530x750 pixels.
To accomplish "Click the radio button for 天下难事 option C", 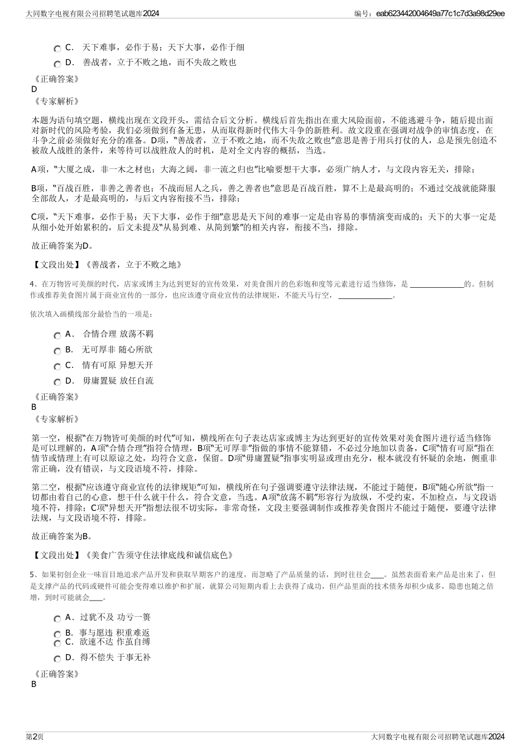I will tap(57, 49).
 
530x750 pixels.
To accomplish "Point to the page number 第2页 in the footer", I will tap(35, 737).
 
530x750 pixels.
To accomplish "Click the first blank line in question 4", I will tap(436, 284).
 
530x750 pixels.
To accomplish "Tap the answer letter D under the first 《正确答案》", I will tap(35, 89).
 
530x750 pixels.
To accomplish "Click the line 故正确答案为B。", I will tap(62, 536).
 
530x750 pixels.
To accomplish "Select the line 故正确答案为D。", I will tap(62, 246).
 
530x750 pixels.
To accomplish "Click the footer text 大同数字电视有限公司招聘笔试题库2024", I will tap(437, 737).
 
